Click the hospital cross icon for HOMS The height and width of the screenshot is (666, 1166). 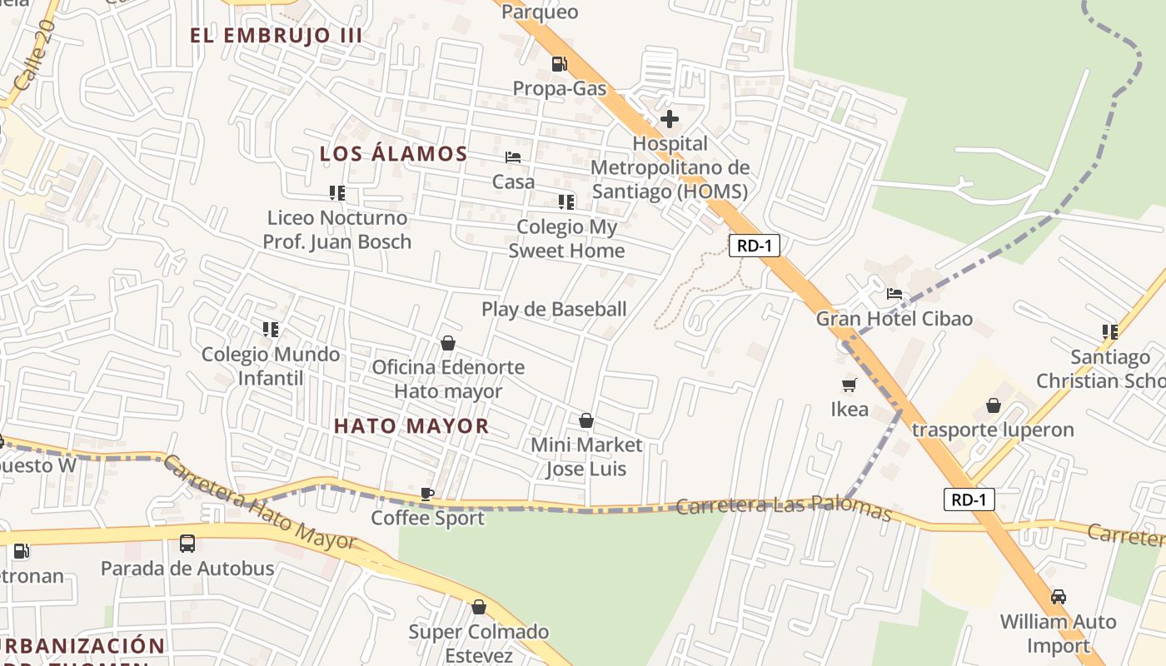669,120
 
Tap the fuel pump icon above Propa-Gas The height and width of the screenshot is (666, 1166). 560,63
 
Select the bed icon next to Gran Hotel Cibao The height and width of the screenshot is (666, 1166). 894,294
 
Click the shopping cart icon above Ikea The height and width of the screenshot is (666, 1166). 849,385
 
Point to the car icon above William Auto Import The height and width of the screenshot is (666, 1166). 1058,597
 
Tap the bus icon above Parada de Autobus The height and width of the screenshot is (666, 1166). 187,544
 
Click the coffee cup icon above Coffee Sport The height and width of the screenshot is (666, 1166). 427,494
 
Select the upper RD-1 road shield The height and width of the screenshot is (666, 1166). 754,246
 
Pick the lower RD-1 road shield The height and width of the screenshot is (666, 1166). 969,499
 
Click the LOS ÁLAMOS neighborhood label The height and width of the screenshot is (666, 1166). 394,154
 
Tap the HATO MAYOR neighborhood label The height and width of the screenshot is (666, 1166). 411,426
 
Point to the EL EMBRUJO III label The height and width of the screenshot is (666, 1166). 276,36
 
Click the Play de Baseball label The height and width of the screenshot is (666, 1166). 554,310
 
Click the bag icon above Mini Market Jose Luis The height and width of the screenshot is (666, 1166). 586,420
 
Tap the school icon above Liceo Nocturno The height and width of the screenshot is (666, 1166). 337,193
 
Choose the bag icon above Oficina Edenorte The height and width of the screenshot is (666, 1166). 447,343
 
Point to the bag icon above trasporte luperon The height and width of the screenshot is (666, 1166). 993,405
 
